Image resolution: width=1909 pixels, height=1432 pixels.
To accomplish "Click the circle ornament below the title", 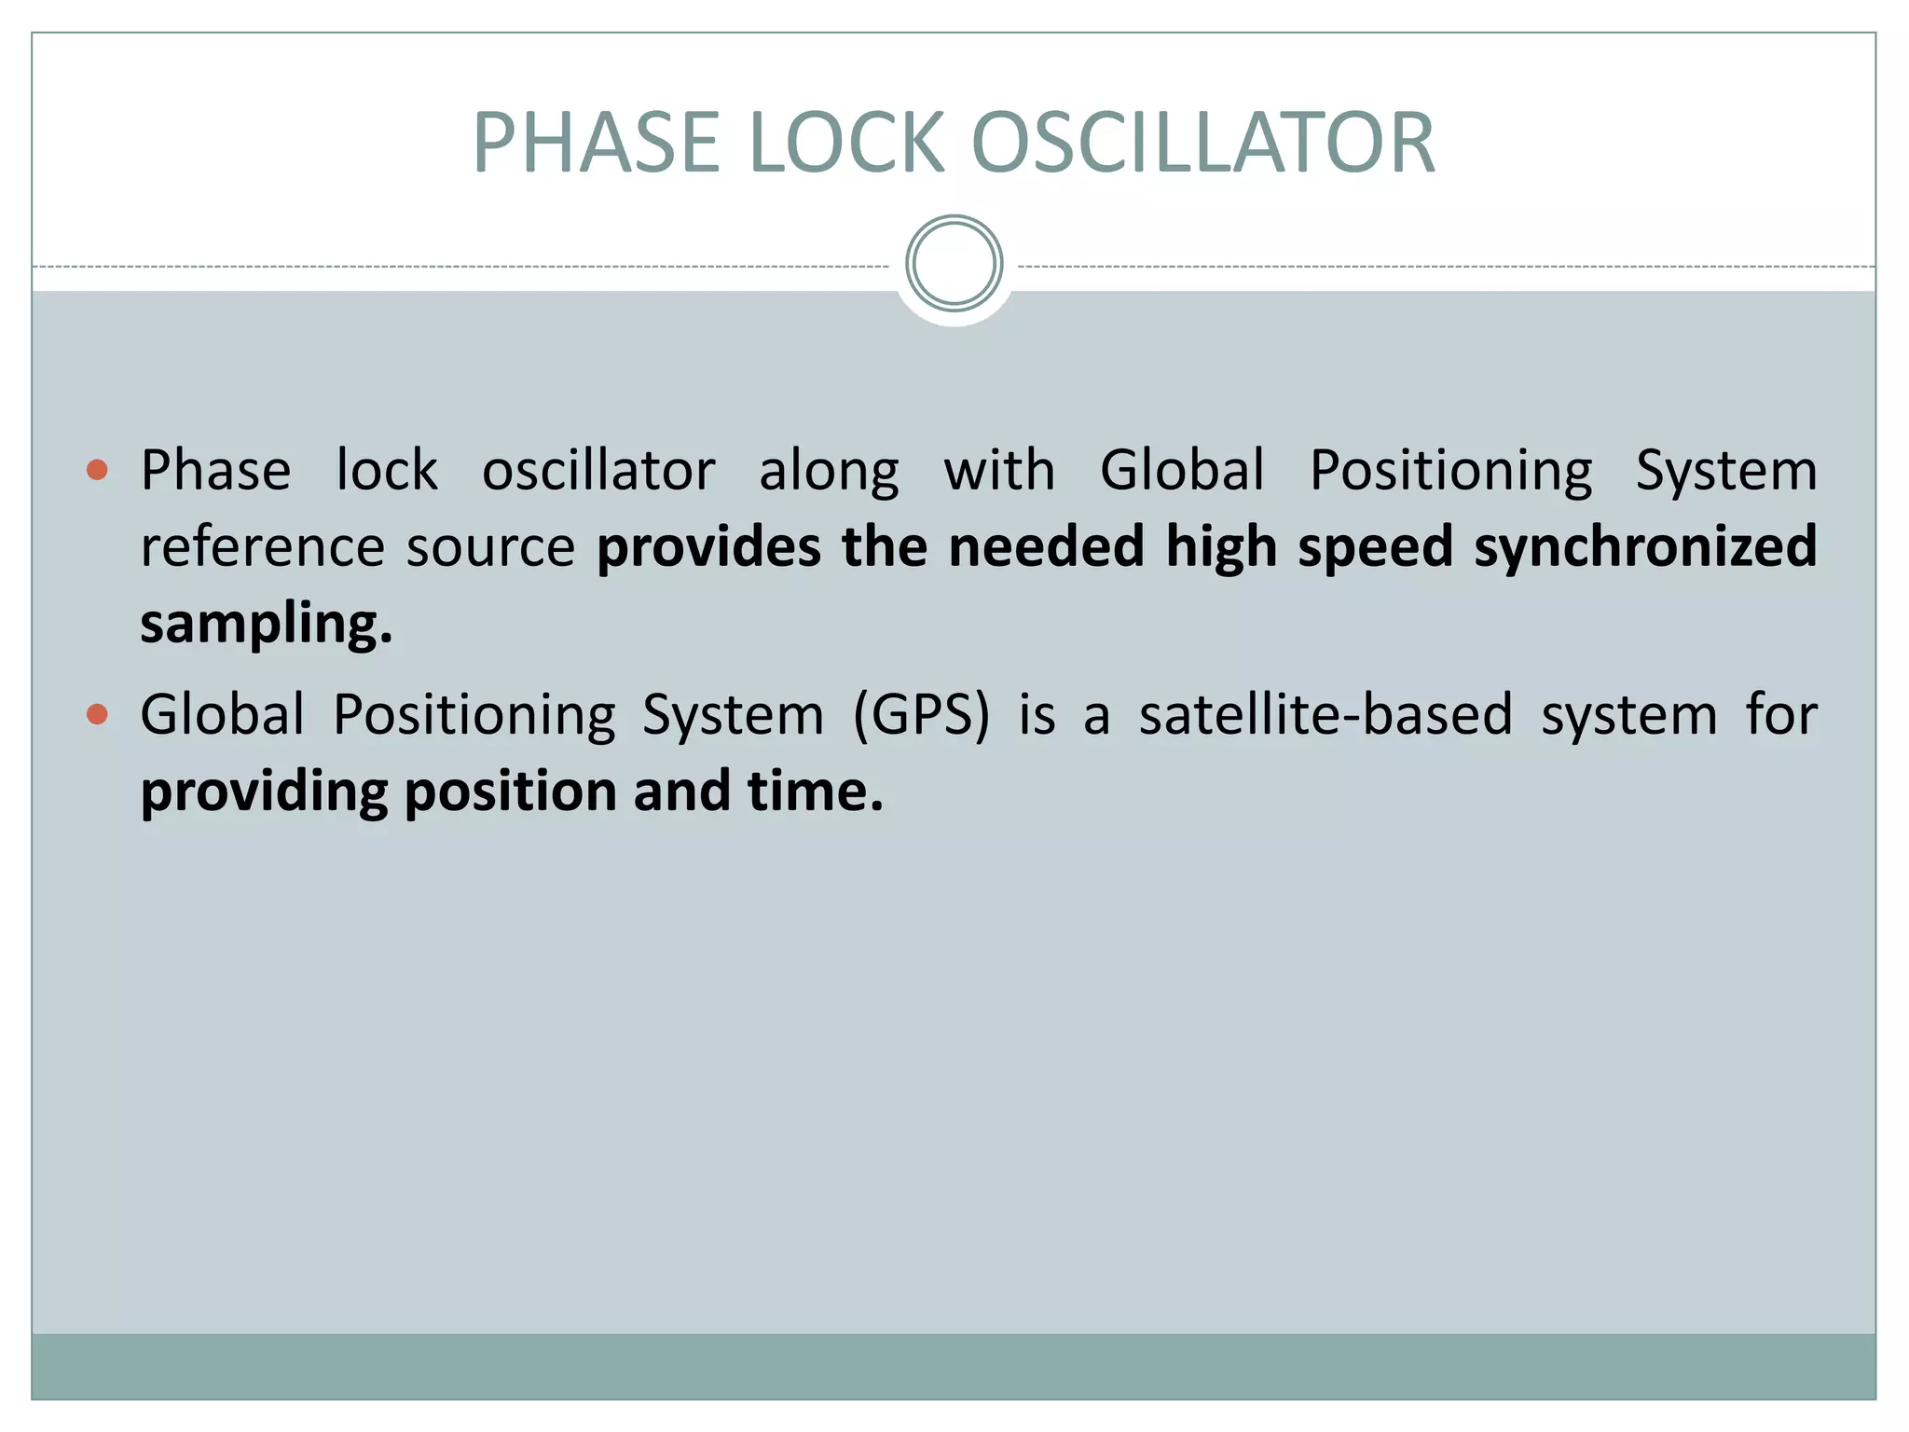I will pyautogui.click(x=954, y=264).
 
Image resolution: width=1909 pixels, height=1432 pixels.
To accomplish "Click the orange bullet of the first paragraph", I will pyautogui.click(x=97, y=469).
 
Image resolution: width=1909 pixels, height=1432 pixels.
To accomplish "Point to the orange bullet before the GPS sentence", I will pyautogui.click(x=97, y=714).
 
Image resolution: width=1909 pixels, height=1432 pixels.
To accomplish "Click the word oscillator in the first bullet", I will pyautogui.click(x=598, y=470).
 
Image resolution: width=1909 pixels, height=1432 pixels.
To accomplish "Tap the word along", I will pyautogui.click(x=829, y=472).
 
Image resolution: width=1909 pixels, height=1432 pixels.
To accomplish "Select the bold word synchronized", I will pyautogui.click(x=1645, y=547).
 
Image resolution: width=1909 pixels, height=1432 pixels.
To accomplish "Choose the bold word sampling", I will pyautogui.click(x=266, y=624).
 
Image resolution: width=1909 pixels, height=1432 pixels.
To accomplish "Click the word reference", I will pyautogui.click(x=262, y=547).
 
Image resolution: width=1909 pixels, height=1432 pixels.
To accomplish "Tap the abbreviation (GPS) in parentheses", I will pyautogui.click(x=921, y=716).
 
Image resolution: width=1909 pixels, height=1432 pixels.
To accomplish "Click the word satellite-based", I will pyautogui.click(x=1325, y=716).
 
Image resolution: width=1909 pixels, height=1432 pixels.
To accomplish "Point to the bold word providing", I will pyautogui.click(x=264, y=792).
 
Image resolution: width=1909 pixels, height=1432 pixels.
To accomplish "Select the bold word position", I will pyautogui.click(x=509, y=792).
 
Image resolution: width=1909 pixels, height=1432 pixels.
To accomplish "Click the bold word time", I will pyautogui.click(x=814, y=792).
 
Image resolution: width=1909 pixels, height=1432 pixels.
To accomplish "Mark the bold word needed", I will pyautogui.click(x=1046, y=547).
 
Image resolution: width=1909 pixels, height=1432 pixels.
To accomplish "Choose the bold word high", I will pyautogui.click(x=1221, y=547).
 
